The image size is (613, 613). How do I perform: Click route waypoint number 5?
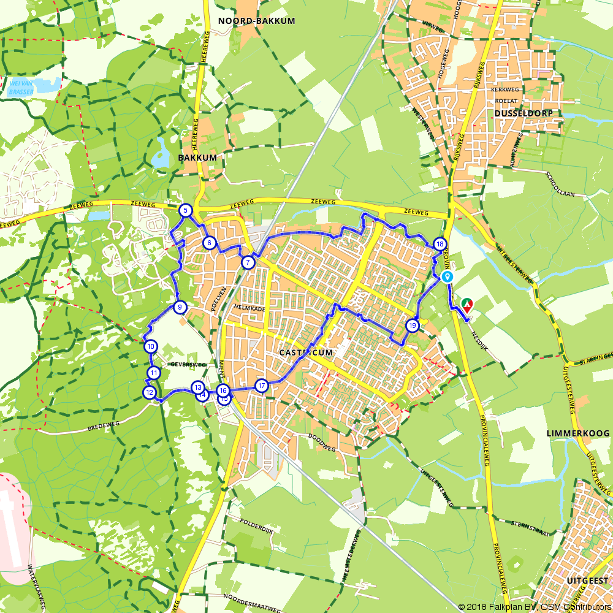click(185, 211)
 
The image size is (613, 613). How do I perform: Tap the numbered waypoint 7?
click(248, 262)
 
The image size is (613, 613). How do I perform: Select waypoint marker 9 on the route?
click(180, 307)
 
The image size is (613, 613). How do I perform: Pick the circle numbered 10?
click(151, 346)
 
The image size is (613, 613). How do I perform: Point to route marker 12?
click(149, 392)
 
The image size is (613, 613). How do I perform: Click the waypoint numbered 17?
click(262, 386)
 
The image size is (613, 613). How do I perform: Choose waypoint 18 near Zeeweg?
click(440, 244)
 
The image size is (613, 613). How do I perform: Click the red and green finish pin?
click(467, 305)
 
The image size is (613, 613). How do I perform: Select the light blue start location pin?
click(447, 277)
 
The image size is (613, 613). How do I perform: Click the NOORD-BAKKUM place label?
click(256, 21)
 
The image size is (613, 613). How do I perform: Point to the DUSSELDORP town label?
click(523, 113)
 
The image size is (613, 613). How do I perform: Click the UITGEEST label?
click(587, 580)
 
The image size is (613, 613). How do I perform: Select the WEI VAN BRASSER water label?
click(21, 88)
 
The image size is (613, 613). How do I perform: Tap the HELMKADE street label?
click(249, 309)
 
